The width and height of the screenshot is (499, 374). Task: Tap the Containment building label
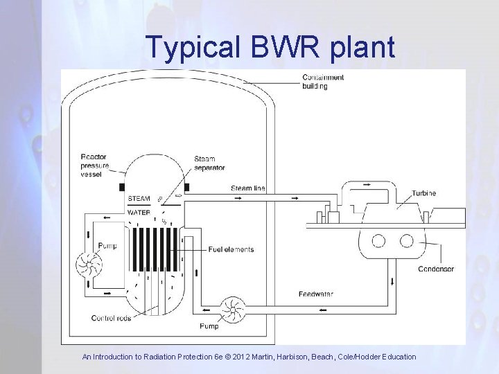tap(323, 82)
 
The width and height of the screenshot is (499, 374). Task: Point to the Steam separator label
tap(209, 163)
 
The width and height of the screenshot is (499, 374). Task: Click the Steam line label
tap(247, 188)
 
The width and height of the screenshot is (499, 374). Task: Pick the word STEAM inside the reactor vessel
tap(139, 199)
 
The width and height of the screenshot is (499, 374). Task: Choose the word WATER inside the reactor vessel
tap(139, 213)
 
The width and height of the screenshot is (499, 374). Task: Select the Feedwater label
tap(316, 294)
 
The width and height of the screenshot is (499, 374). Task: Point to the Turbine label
tap(423, 193)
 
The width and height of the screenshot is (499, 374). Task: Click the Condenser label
tap(436, 269)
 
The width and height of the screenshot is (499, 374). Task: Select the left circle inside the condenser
tap(379, 241)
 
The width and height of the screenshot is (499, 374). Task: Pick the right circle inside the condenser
tap(407, 241)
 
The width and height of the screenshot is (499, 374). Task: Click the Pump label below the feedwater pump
tap(209, 326)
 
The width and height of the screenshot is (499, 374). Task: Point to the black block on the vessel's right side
tap(187, 188)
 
